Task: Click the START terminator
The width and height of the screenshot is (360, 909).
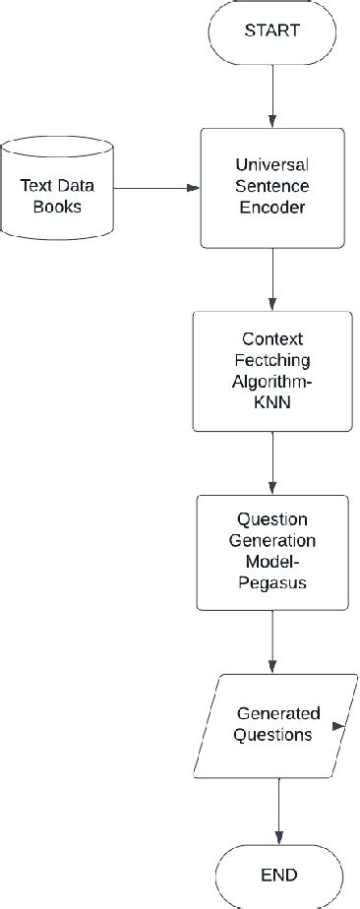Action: click(x=272, y=30)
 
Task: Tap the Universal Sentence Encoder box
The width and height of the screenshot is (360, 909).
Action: click(x=272, y=187)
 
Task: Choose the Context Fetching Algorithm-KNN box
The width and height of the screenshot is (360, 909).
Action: click(x=272, y=371)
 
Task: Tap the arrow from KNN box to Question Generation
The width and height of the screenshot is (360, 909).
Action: click(x=272, y=462)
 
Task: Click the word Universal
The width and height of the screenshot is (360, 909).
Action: click(x=272, y=165)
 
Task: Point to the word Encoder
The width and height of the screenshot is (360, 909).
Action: click(x=272, y=208)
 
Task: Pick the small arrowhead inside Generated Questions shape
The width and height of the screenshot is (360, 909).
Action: click(x=339, y=727)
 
